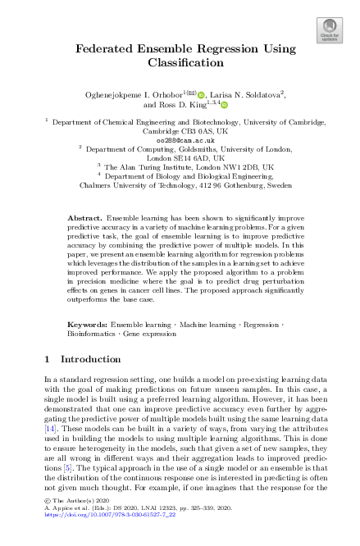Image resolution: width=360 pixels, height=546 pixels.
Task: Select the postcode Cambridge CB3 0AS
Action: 171,131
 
